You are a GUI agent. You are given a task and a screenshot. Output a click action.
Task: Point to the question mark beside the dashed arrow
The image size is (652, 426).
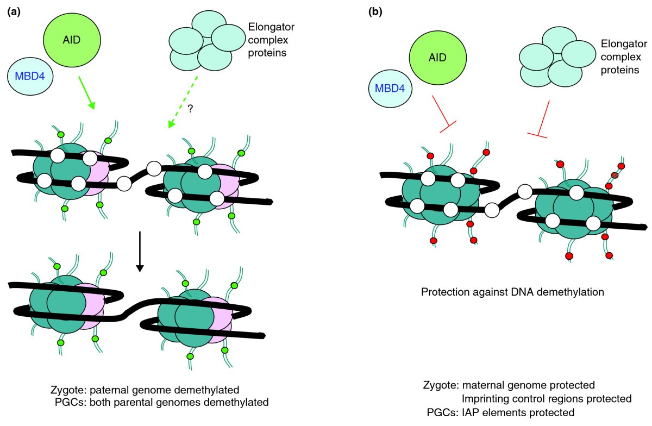point(190,109)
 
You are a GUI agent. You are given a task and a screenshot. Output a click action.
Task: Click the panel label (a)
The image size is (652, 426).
point(14,11)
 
